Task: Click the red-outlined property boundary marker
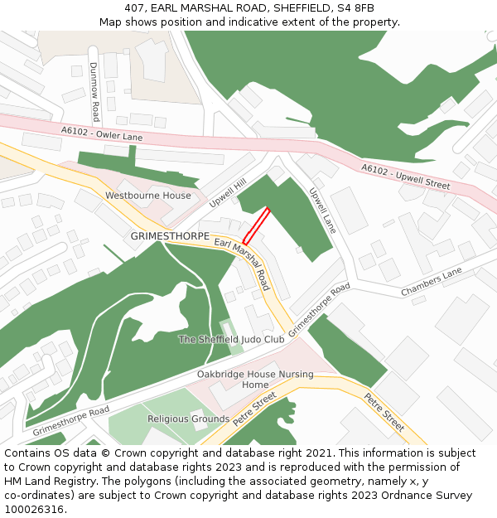257,225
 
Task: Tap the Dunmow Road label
94,91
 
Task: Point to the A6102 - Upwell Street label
405,176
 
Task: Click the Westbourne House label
147,196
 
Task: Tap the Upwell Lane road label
322,210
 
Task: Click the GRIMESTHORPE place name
169,236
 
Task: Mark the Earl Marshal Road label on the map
242,264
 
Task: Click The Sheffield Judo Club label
232,339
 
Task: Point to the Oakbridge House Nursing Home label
255,380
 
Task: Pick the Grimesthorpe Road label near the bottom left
70,421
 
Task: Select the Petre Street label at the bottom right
384,412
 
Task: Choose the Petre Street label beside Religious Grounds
253,410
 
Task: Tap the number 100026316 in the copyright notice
34,509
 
